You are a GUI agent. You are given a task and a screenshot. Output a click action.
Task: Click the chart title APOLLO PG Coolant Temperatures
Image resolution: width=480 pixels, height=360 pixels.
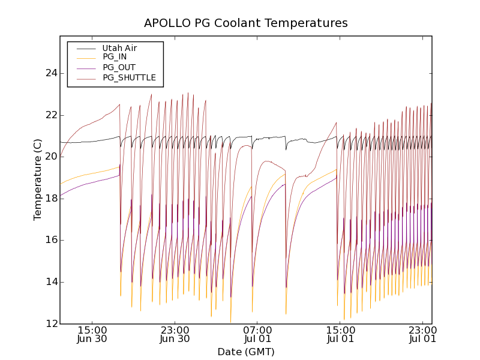click(x=246, y=23)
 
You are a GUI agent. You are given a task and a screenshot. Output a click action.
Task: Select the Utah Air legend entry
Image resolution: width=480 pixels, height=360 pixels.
click(x=119, y=48)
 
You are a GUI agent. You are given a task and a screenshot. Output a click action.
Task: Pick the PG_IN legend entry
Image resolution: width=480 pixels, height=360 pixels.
click(x=115, y=57)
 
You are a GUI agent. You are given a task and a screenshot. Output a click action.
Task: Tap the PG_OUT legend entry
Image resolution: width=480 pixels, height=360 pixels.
click(x=119, y=67)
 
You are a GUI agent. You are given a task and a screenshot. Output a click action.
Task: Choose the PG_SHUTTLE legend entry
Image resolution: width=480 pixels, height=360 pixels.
click(x=129, y=77)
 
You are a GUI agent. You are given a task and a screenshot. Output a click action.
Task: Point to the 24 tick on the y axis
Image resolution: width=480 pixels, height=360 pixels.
click(x=52, y=73)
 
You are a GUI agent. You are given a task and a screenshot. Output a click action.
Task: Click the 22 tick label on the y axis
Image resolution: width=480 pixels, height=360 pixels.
click(x=52, y=115)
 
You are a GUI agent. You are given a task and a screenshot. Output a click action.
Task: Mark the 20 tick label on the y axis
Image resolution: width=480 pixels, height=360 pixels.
click(x=52, y=157)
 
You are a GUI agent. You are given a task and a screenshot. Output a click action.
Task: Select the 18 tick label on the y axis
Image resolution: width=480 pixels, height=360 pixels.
click(x=52, y=199)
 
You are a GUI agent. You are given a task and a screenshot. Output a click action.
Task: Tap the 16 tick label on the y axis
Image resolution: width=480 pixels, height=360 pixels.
click(x=52, y=240)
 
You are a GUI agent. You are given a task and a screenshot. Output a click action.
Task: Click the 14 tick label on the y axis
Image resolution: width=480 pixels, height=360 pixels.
click(x=52, y=282)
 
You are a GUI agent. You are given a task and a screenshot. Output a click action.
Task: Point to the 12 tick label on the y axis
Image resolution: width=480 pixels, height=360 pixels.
click(x=52, y=324)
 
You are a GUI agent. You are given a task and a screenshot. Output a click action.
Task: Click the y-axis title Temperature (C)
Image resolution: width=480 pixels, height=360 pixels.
click(x=38, y=180)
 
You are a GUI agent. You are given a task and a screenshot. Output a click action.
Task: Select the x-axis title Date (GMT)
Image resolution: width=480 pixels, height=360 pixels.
click(x=246, y=352)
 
